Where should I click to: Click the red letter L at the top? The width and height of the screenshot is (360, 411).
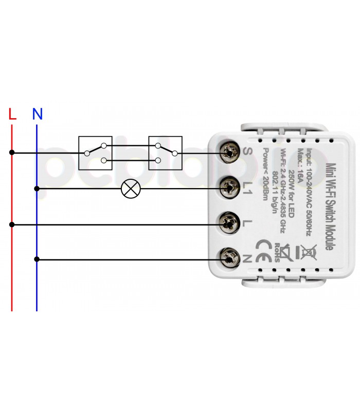12,114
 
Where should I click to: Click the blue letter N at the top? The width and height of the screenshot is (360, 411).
37,114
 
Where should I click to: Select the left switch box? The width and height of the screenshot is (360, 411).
95,153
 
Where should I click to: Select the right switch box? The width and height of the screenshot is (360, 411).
166,153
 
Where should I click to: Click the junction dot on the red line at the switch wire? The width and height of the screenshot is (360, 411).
12,153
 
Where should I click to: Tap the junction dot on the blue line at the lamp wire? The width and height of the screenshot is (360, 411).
37,189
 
